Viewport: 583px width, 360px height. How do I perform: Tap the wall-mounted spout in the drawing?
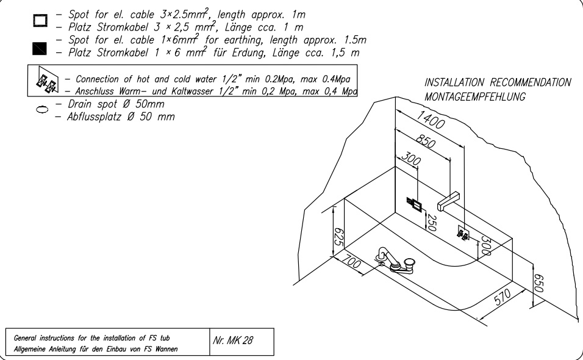click(451, 198)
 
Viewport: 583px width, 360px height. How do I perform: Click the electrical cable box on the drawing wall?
click(415, 203)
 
